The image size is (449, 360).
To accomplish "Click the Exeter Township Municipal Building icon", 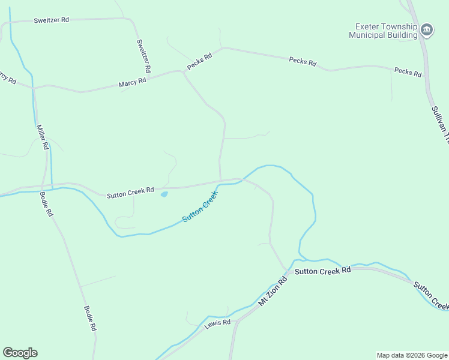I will (x=427, y=29).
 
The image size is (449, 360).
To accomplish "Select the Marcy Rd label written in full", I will (x=133, y=82).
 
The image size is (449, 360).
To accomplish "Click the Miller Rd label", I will (x=41, y=137).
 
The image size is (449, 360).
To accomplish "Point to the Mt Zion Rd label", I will (x=273, y=292).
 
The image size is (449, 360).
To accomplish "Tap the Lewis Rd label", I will (x=218, y=323).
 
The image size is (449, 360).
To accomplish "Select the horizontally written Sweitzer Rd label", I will (x=52, y=20).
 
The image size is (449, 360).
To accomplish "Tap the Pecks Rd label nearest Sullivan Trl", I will (x=408, y=71).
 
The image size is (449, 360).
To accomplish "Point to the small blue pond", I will (x=164, y=194).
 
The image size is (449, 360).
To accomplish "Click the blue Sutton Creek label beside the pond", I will (x=199, y=206).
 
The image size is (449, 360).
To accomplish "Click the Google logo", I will (x=20, y=353).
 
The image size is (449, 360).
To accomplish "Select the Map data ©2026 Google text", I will (x=412, y=355).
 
